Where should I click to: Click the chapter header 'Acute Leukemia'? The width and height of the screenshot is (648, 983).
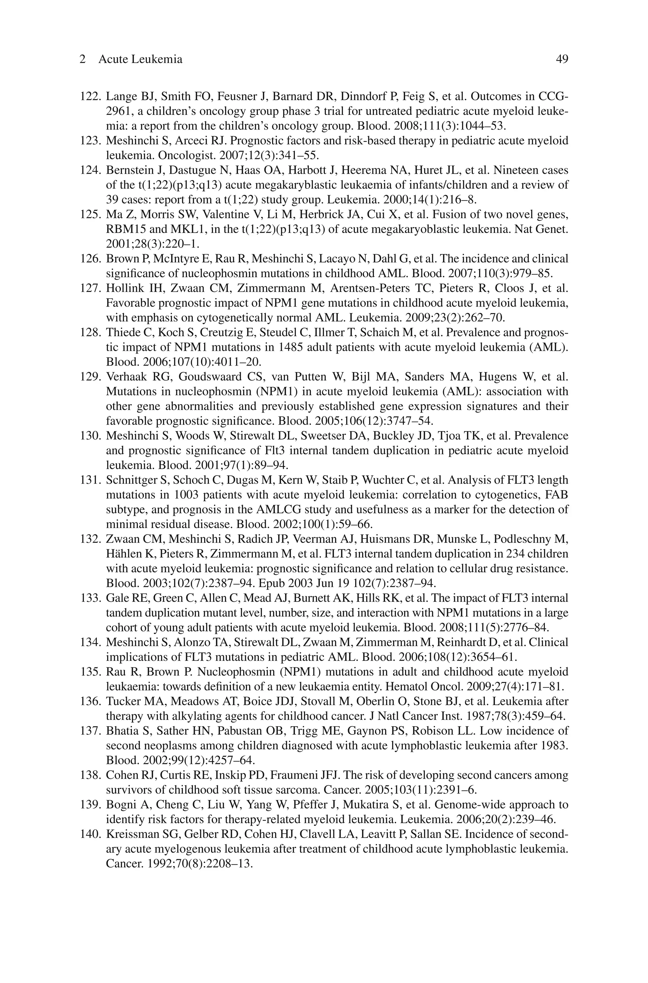coord(140,60)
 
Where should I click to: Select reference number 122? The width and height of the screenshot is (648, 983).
coord(90,97)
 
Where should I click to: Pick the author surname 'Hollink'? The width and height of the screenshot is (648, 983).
coord(124,288)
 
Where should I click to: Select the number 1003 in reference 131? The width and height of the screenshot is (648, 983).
coord(186,495)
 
